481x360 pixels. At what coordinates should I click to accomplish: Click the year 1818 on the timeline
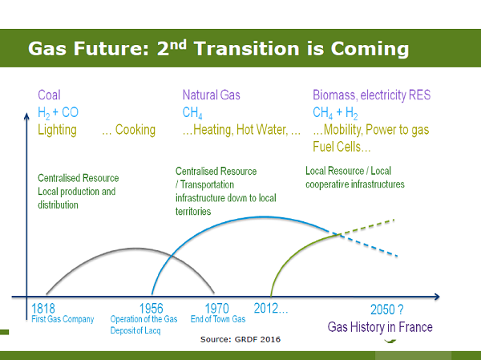point(43,309)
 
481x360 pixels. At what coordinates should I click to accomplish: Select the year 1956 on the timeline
point(152,309)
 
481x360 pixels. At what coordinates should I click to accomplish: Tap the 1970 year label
point(217,309)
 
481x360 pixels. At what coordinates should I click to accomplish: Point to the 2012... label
point(271,308)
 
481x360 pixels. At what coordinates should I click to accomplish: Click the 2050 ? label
point(387,309)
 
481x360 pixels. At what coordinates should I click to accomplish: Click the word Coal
point(49,95)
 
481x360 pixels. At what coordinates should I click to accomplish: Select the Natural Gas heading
point(212,95)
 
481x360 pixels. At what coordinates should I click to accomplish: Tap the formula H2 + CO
point(58,112)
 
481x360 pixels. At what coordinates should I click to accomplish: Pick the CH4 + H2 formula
point(335,112)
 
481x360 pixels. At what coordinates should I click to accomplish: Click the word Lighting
point(57,130)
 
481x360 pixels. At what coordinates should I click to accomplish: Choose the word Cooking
point(135,130)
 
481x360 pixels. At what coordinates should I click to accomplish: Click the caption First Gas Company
point(63,319)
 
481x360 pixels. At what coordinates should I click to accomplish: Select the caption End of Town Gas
point(218,319)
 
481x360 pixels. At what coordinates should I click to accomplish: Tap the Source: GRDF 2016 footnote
point(240,339)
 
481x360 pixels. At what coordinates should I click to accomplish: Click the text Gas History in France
point(380,327)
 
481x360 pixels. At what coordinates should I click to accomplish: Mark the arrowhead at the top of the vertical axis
point(26,115)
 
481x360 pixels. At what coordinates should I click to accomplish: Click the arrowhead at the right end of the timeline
point(437,297)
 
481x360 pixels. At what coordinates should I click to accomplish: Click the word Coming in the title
point(370,49)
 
